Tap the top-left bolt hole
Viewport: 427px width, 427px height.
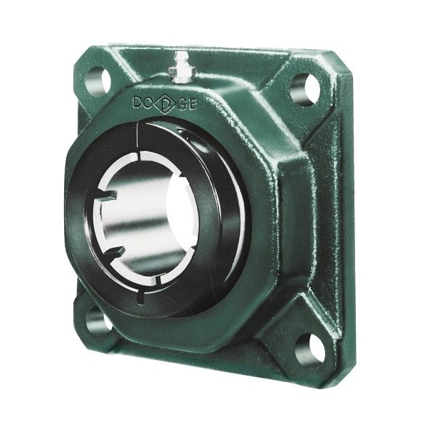pos(97,80)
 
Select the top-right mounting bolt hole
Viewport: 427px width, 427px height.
pos(304,87)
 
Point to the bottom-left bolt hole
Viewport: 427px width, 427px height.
pos(97,321)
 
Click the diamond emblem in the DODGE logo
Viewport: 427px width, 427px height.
pos(166,104)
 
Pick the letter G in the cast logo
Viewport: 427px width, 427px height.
pos(182,106)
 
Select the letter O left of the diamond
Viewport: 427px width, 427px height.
pos(152,102)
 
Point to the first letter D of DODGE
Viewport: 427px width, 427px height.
pos(139,102)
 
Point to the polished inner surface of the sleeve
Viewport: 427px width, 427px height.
pos(125,213)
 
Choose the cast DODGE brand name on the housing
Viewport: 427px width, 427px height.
pos(165,105)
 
